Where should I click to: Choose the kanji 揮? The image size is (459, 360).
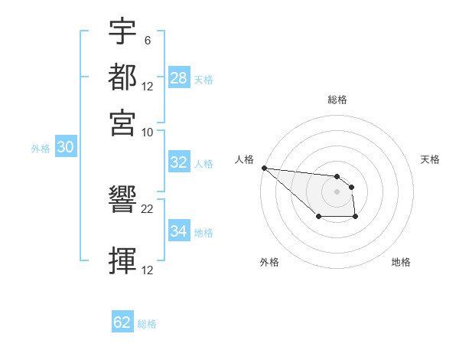point(123,261)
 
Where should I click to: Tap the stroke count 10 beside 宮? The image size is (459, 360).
point(148,131)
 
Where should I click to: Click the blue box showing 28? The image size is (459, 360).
point(179,78)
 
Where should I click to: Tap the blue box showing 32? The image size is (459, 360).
point(179,162)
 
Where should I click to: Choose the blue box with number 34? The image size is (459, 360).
point(179,231)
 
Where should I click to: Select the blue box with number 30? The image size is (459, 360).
point(65,148)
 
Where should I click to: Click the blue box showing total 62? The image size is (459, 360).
point(122,322)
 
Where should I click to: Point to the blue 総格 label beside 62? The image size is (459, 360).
point(147,323)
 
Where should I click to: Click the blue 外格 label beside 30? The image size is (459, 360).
point(40,149)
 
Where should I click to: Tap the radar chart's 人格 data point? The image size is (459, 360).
point(264,168)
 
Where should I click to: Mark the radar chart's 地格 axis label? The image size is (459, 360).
point(401,262)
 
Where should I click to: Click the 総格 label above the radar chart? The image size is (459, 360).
point(337,100)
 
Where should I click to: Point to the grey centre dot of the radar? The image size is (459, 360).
point(337,191)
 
